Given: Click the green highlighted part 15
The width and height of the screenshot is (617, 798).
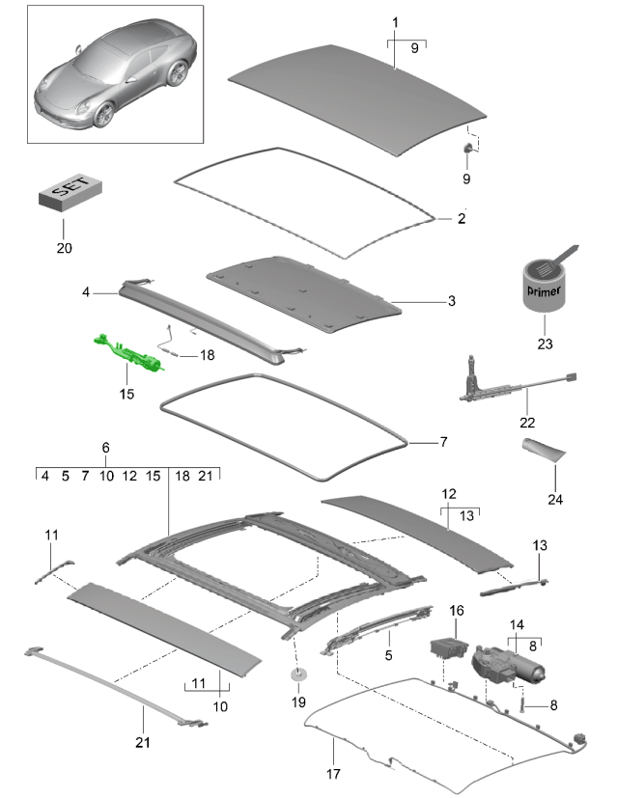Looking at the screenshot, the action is coord(127,351).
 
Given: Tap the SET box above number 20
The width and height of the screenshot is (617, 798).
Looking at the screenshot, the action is coord(70,194).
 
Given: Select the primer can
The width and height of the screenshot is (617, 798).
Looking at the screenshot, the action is coord(545,284).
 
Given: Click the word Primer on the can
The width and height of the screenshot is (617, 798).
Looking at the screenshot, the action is coord(545,291).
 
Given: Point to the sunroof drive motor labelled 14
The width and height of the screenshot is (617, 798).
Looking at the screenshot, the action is coord(508,665).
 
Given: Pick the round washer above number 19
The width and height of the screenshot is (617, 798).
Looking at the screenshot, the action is coord(298,674).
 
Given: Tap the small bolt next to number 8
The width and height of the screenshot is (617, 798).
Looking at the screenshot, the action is coord(520,704).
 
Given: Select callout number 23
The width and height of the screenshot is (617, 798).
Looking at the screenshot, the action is coord(545,344).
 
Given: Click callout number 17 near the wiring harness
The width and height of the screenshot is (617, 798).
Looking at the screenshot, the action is coord(333,774).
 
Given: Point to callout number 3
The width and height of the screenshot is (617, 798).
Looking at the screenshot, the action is coord(452,301).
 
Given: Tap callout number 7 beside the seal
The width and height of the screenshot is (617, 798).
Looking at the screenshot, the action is coord(444,442).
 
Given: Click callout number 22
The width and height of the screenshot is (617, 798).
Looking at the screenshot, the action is coord(527,423).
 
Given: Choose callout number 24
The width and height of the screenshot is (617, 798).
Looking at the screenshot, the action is coord(555,499).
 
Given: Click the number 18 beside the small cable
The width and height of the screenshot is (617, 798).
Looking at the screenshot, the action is coord(208,355).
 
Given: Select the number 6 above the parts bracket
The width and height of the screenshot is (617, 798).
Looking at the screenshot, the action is coord(105,448).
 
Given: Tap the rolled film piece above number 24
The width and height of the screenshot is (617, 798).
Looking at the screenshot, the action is coord(544,450).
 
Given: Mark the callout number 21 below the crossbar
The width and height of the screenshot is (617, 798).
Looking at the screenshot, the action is coord(143,742).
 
